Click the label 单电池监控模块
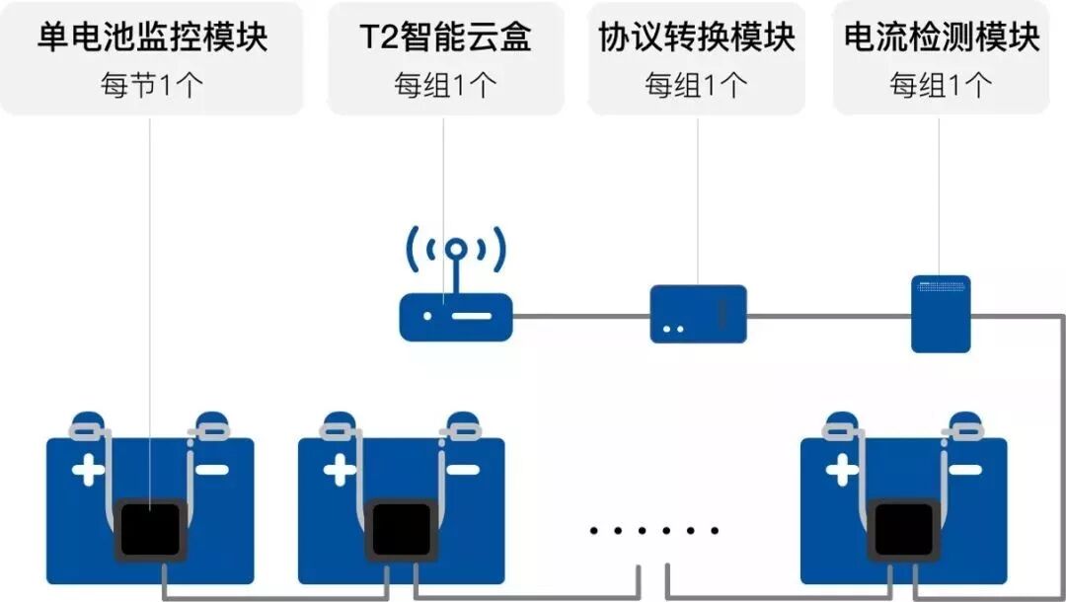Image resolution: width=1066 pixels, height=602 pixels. [152, 38]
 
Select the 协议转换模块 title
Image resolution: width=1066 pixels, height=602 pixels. [697, 38]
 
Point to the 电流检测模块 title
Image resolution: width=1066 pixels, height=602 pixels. [942, 38]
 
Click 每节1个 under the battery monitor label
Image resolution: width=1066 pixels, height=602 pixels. [152, 85]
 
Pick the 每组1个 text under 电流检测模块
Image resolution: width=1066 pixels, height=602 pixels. [942, 85]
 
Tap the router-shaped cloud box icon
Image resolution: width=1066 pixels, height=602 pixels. [456, 316]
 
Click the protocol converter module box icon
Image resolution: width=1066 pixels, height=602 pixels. [698, 314]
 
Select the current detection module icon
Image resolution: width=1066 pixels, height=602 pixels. [940, 314]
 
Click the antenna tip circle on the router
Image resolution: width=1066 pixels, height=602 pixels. [456, 250]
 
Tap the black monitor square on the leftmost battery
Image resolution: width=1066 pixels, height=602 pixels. [149, 530]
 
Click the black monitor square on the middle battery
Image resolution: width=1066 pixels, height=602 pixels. [401, 530]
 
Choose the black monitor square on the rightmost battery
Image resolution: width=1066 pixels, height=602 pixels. [903, 530]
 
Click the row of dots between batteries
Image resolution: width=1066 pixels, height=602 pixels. [654, 531]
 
